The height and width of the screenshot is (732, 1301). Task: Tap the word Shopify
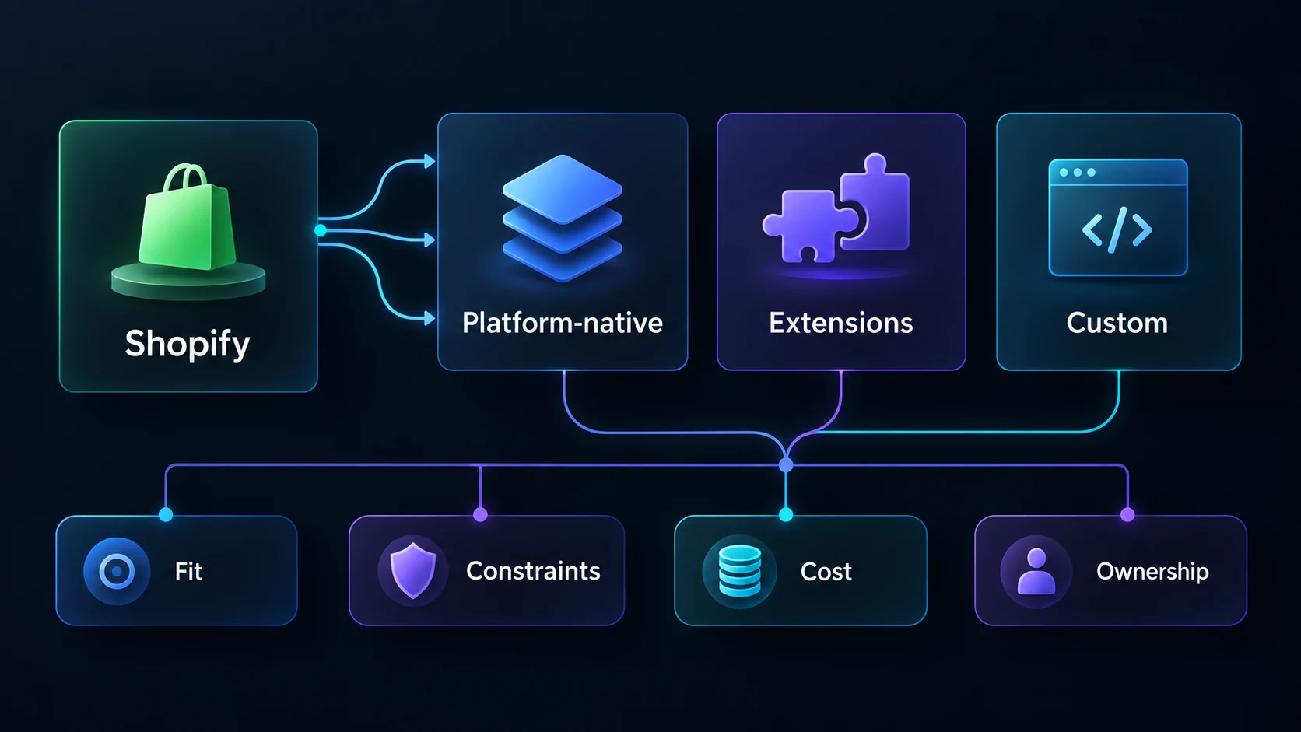[188, 344]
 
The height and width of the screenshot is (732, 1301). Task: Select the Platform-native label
[563, 324]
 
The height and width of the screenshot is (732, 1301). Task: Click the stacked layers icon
[563, 219]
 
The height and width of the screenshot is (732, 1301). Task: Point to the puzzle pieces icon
[836, 208]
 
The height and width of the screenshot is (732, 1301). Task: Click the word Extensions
[841, 323]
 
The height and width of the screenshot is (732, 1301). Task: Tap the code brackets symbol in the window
[1117, 230]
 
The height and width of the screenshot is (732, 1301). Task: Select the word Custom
[1117, 323]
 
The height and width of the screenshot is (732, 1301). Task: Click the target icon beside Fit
[117, 571]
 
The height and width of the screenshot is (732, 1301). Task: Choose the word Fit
[188, 571]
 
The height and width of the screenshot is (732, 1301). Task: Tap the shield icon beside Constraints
[413, 571]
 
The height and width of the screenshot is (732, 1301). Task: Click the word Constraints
[533, 571]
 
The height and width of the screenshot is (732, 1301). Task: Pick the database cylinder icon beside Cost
[740, 571]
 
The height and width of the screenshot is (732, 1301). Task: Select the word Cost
[826, 572]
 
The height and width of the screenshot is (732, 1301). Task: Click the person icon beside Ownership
[1036, 572]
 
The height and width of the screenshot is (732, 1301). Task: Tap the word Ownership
[1153, 572]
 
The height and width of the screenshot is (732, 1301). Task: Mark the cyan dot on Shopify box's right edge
[320, 230]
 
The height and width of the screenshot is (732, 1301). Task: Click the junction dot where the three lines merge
[786, 464]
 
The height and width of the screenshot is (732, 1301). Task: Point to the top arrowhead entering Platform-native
[430, 161]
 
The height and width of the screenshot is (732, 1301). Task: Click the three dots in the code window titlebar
[1078, 173]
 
